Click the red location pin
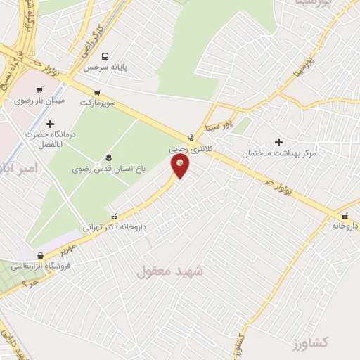tap(180, 165)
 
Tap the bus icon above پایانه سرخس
tap(105, 56)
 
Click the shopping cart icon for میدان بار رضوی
tap(39, 90)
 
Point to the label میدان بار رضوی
tap(39, 101)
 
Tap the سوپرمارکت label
tap(96, 103)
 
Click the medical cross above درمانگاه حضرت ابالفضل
tap(49, 124)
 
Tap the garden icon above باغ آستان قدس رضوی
tap(108, 157)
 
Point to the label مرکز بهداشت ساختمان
tap(278, 153)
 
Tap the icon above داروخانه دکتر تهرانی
tap(115, 216)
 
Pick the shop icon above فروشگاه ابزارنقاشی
tap(40, 256)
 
